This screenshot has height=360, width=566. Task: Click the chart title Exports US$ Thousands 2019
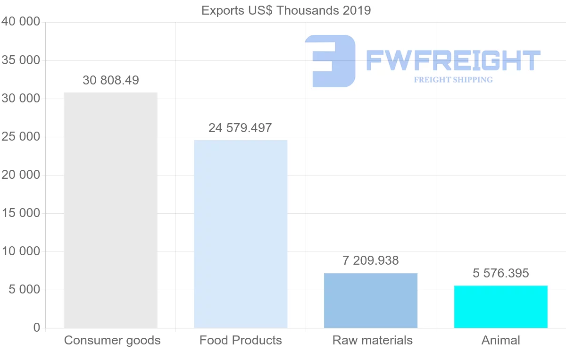pos(286,10)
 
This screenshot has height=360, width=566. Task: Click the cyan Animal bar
pos(501,307)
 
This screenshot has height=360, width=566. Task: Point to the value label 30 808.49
pos(111,80)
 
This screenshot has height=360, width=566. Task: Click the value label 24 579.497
pos(240,128)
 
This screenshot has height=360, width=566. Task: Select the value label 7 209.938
pos(371,260)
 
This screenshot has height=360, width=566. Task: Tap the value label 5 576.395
pos(501,273)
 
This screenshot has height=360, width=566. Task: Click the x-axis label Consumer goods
pos(112,340)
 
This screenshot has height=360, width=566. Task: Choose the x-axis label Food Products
pos(241,340)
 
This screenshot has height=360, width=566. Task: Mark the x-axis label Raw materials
pos(373,340)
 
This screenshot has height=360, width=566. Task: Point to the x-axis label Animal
pos(501,340)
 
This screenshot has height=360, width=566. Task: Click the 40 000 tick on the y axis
pos(21,22)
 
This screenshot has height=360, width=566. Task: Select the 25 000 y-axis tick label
pos(21,137)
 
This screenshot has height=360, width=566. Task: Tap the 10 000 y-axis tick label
pos(21,251)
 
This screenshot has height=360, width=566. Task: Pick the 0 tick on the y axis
pos(37,328)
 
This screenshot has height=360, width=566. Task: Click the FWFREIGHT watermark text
pos(453,60)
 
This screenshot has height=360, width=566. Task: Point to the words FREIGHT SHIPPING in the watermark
pos(453,80)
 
